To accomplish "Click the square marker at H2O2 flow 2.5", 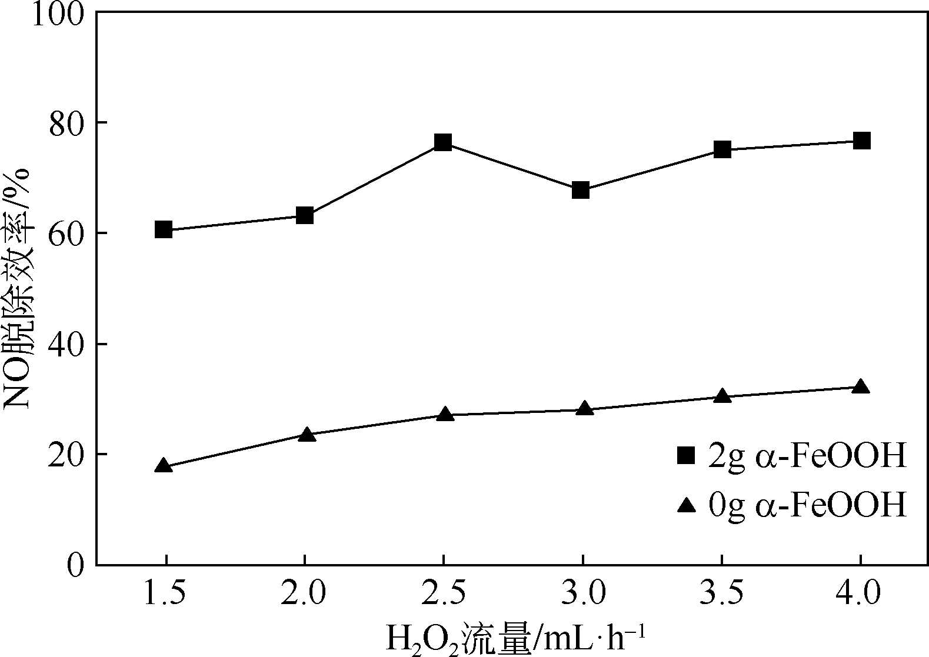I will pyautogui.click(x=443, y=142).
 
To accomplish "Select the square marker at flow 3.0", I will pyautogui.click(x=581, y=190).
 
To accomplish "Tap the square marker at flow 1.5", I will pyautogui.click(x=164, y=229).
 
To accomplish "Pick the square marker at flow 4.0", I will pyautogui.click(x=861, y=141).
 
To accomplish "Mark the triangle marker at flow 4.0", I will pyautogui.click(x=860, y=387).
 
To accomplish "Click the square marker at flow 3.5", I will pyautogui.click(x=722, y=149).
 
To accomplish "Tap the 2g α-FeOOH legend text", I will pyautogui.click(x=807, y=456).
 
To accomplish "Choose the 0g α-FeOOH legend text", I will pyautogui.click(x=807, y=505).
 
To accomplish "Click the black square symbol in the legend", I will pyautogui.click(x=686, y=455).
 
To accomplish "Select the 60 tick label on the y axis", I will pyautogui.click(x=66, y=234).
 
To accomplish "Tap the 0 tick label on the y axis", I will pyautogui.click(x=75, y=565).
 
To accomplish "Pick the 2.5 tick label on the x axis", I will pyautogui.click(x=443, y=595).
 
